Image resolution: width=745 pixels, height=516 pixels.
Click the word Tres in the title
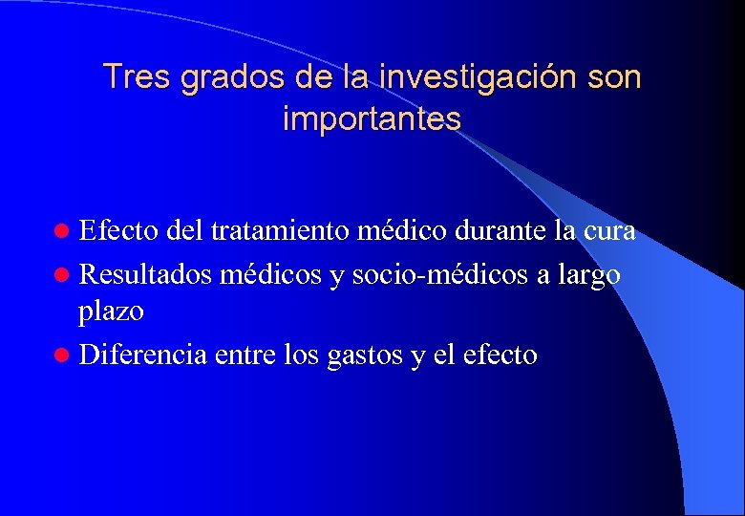tap(136, 76)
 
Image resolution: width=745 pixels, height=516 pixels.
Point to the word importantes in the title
tap(372, 119)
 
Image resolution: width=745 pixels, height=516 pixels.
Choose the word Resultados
tap(146, 274)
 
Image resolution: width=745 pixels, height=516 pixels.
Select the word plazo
tap(112, 312)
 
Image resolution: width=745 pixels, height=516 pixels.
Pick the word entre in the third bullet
tap(247, 355)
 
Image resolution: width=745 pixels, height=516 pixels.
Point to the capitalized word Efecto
tap(119, 231)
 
